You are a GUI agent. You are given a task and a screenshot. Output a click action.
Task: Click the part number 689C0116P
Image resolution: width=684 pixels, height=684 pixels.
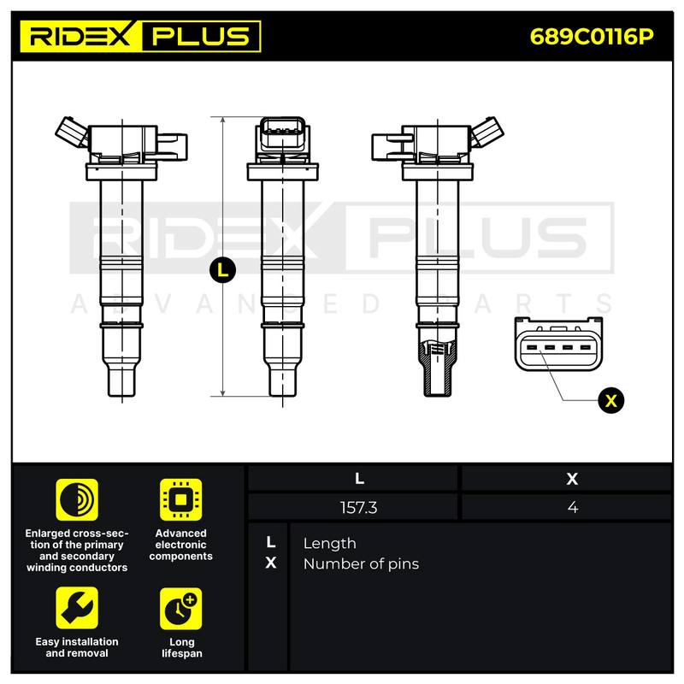click(x=592, y=37)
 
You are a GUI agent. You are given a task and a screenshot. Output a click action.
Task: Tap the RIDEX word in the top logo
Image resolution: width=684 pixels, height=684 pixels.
click(x=80, y=36)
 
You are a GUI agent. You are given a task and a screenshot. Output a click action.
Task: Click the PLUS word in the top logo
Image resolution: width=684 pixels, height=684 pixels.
click(x=201, y=36)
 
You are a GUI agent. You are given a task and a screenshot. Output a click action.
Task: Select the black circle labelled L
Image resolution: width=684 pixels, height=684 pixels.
click(x=222, y=270)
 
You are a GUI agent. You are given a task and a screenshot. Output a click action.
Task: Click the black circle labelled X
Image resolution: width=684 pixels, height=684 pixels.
click(x=610, y=400)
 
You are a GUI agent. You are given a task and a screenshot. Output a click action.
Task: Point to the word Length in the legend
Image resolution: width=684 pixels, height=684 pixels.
click(x=329, y=544)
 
